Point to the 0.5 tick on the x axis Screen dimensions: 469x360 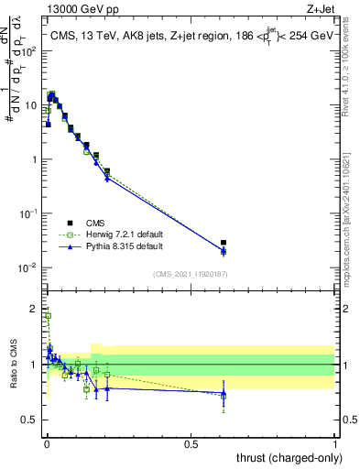tap(191, 445)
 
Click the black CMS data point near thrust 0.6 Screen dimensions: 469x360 tap(224, 243)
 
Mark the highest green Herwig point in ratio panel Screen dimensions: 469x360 tap(48, 316)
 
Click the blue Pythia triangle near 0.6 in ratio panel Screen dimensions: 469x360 tap(224, 393)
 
